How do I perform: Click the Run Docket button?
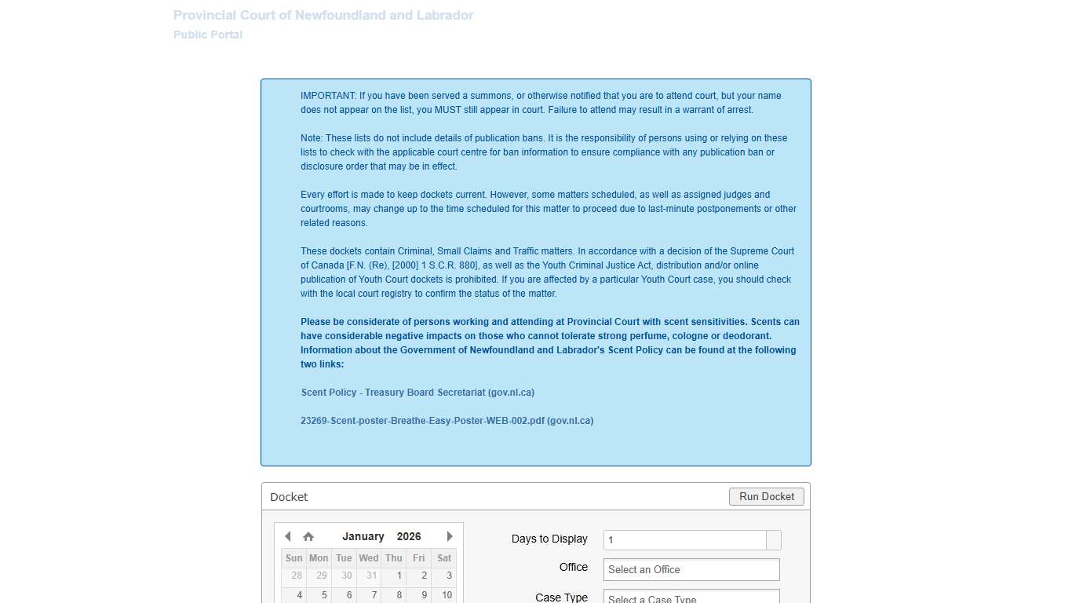click(767, 496)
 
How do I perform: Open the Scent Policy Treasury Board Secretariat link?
click(417, 393)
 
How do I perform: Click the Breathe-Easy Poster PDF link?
click(447, 421)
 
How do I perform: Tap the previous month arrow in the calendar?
click(287, 536)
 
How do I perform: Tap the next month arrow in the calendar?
click(450, 536)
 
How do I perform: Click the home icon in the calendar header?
click(308, 537)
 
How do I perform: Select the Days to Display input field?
click(684, 540)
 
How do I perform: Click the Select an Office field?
click(691, 570)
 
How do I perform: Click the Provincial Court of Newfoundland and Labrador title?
click(323, 16)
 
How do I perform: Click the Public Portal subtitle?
click(208, 35)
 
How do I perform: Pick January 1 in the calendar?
click(399, 576)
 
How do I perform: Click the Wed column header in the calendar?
click(368, 558)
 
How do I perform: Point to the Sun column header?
click(294, 558)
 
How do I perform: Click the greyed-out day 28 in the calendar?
click(297, 576)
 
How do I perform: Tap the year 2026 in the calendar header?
click(409, 537)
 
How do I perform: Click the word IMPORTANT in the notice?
click(328, 96)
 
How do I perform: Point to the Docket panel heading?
click(289, 497)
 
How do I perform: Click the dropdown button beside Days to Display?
click(774, 540)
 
